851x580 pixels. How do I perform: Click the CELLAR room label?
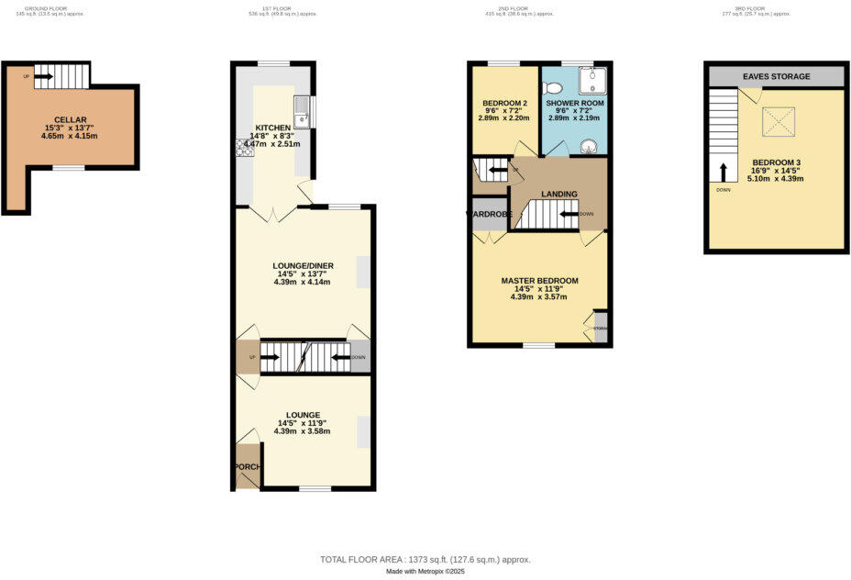point(70,120)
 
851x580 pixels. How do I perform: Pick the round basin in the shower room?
point(589,147)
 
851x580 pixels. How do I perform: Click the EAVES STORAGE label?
point(776,76)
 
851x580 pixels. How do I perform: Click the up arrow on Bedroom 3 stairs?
point(724,172)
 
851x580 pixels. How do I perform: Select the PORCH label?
point(247,467)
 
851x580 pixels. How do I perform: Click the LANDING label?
point(558,195)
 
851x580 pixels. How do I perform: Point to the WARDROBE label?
point(487,215)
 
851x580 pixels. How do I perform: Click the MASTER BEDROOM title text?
point(539,280)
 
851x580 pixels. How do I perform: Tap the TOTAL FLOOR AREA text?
point(425,559)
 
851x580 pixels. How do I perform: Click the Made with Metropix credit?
point(425,572)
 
